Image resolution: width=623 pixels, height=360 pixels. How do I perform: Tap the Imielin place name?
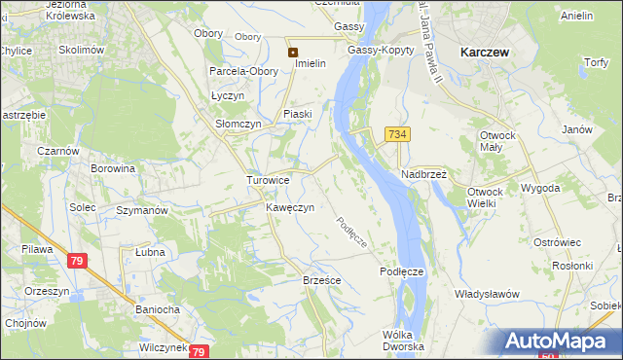point(303,64)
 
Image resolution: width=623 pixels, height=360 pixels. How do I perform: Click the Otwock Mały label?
point(495,142)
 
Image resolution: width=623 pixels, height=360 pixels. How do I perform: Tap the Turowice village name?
point(268,181)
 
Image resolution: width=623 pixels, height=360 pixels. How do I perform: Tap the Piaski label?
point(297,114)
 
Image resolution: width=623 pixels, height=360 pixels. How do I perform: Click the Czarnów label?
point(32,151)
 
